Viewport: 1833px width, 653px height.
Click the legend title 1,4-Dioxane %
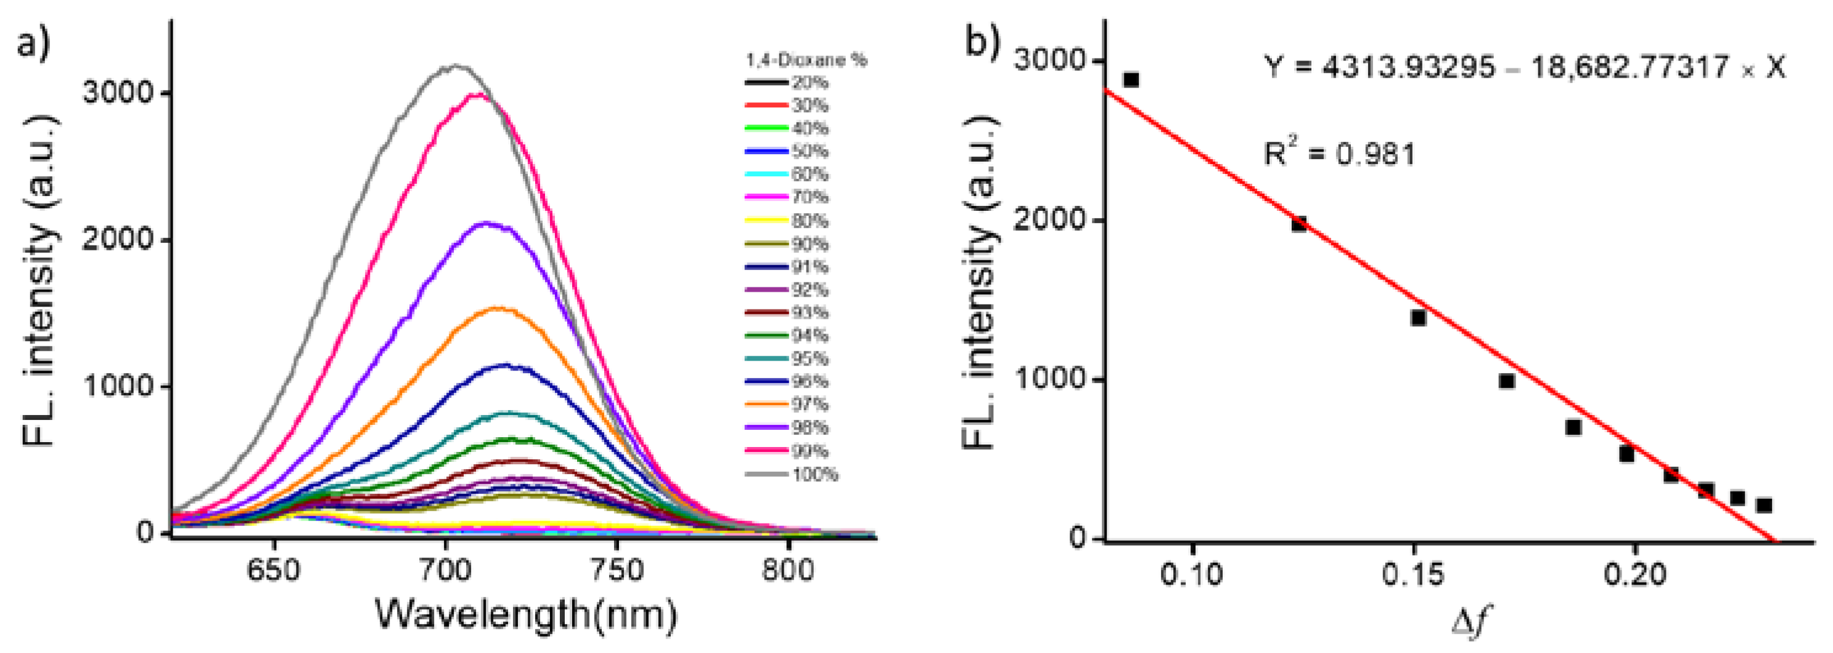[806, 60]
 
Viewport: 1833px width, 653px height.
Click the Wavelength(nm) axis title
[525, 615]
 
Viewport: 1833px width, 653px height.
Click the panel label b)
[982, 41]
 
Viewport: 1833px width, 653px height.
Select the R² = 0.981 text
[1339, 154]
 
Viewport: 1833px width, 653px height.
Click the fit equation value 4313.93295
[1408, 68]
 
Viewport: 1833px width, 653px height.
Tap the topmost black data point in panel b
[1131, 80]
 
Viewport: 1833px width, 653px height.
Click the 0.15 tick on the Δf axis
[1413, 573]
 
